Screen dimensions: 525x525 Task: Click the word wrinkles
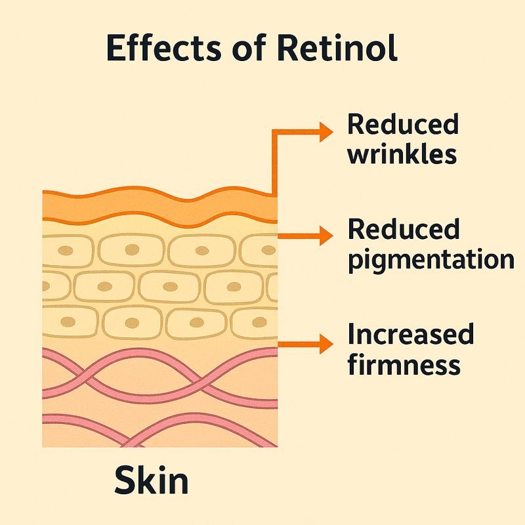[x=402, y=155]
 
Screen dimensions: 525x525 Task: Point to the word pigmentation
[x=430, y=260]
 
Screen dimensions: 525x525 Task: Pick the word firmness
[x=404, y=364]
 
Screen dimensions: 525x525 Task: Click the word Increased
[x=410, y=335]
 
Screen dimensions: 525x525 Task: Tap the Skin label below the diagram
[x=152, y=482]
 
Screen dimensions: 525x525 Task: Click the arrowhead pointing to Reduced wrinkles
[x=326, y=133]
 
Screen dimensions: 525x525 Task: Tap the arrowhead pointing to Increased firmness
[x=326, y=343]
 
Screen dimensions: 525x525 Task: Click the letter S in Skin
[x=127, y=482]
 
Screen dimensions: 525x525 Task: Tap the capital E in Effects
[x=116, y=49]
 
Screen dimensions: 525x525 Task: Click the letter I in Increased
[x=350, y=335]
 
